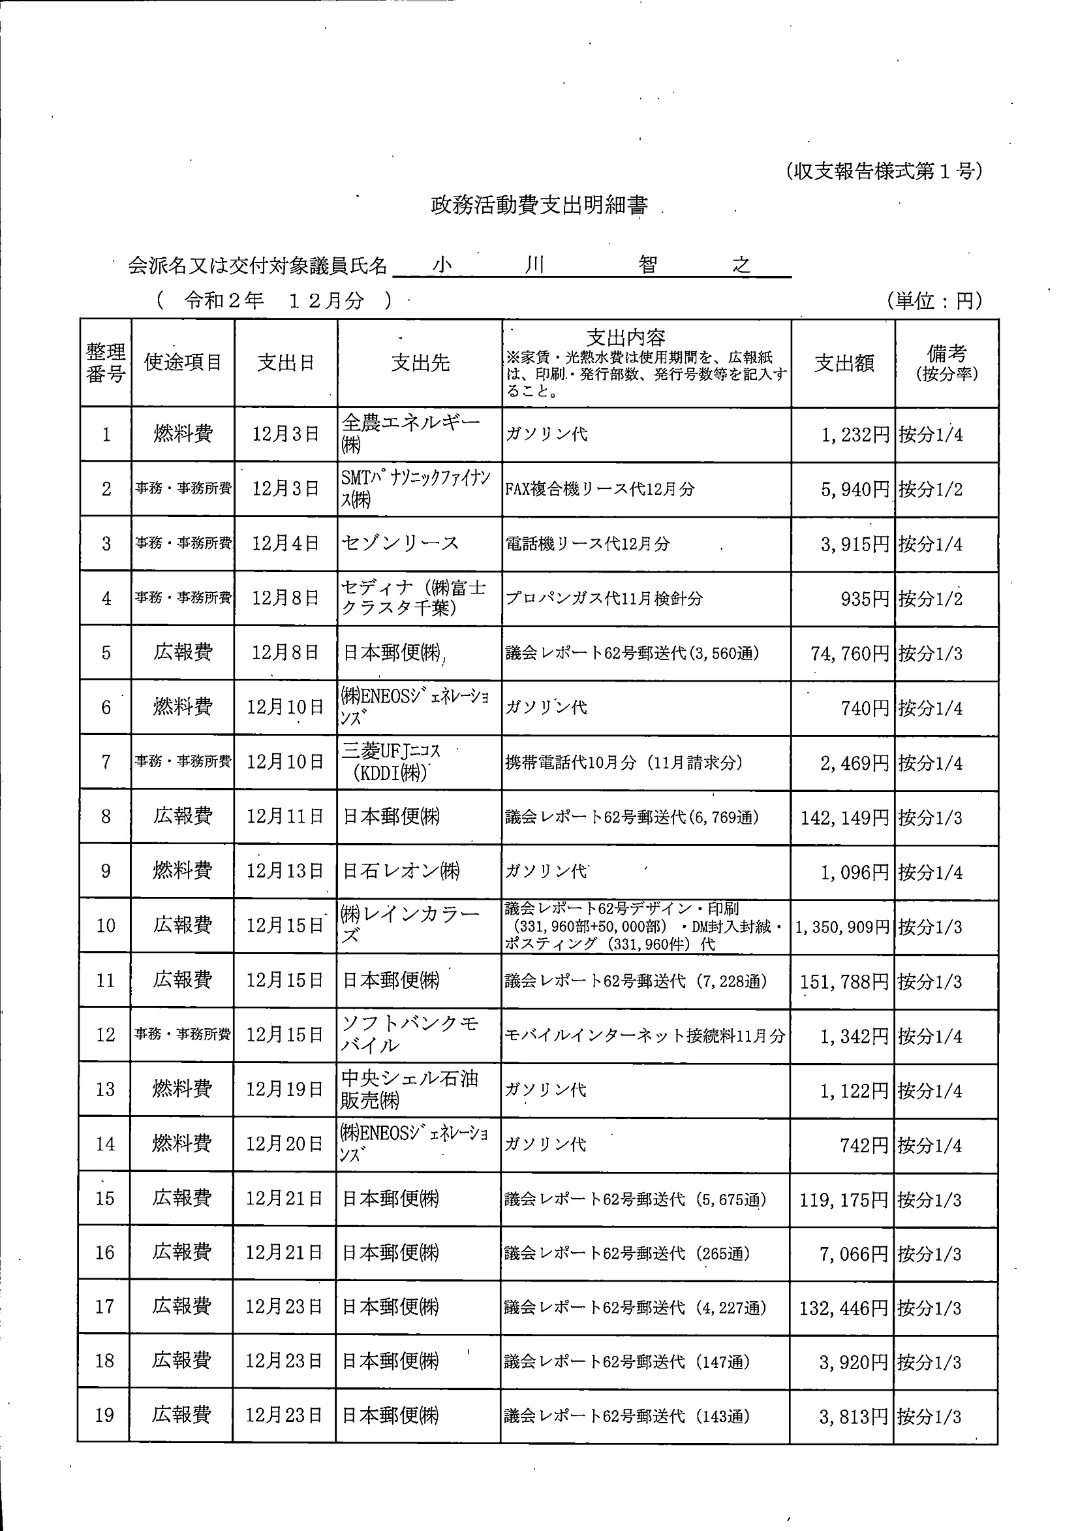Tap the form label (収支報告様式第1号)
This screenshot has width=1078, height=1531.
(884, 171)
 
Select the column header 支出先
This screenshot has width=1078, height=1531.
(420, 363)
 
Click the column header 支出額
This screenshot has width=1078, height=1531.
(843, 364)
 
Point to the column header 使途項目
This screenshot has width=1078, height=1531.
(183, 362)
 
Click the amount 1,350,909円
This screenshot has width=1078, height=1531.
(842, 927)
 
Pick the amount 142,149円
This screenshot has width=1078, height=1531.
(844, 817)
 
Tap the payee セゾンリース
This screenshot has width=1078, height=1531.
(400, 543)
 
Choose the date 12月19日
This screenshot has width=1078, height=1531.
(285, 1090)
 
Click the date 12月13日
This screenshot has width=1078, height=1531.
(285, 872)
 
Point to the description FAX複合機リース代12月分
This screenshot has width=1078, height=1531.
(599, 490)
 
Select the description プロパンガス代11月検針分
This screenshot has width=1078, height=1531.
(604, 598)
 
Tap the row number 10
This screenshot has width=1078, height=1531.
(105, 926)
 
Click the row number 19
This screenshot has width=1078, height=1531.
(104, 1415)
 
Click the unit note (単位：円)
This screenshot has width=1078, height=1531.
(934, 302)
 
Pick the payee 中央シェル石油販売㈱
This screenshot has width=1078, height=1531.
(408, 1089)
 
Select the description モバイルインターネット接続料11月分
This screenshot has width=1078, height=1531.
(645, 1035)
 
